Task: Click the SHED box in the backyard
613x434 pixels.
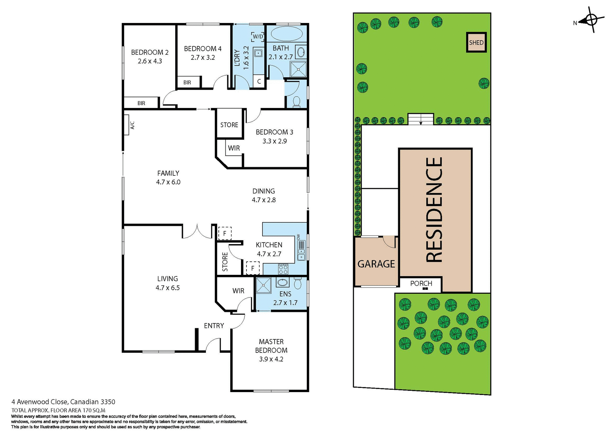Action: point(476,43)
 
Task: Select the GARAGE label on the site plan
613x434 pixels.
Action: point(376,264)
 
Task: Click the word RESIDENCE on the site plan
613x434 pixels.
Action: point(435,210)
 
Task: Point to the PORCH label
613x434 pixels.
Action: point(421,283)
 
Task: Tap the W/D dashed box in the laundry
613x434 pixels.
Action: point(258,36)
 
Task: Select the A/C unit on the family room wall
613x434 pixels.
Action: point(126,125)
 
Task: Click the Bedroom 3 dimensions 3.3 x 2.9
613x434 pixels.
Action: point(275,141)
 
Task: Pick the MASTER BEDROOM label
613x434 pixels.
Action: point(271,346)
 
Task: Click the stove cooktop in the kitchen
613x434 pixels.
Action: point(283,269)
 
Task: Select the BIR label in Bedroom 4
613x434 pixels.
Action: point(187,82)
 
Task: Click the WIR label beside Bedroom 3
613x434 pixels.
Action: point(234,148)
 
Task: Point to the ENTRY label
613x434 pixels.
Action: point(214,326)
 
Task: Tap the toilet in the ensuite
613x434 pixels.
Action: point(298,283)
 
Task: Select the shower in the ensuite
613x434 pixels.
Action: point(263,285)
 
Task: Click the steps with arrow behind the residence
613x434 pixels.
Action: point(420,119)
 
